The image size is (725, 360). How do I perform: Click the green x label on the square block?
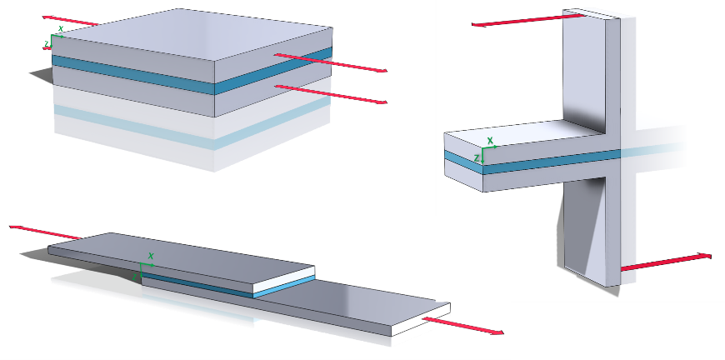coord(61,28)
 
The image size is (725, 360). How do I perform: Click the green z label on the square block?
coord(47,41)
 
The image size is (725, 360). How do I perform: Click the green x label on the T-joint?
coord(490,141)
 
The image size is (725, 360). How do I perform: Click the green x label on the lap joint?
coord(151,256)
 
